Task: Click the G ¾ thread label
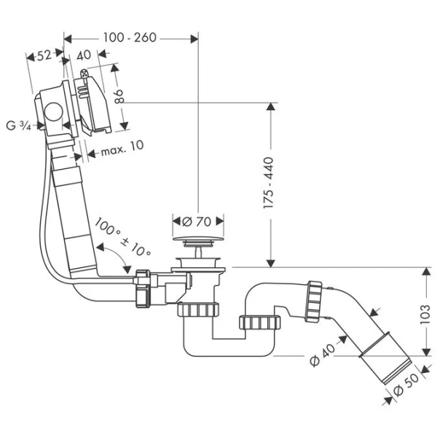(19, 125)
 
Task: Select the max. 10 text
(122, 146)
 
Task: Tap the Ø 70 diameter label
(196, 221)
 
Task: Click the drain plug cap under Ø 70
(197, 240)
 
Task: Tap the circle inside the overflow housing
(53, 113)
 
